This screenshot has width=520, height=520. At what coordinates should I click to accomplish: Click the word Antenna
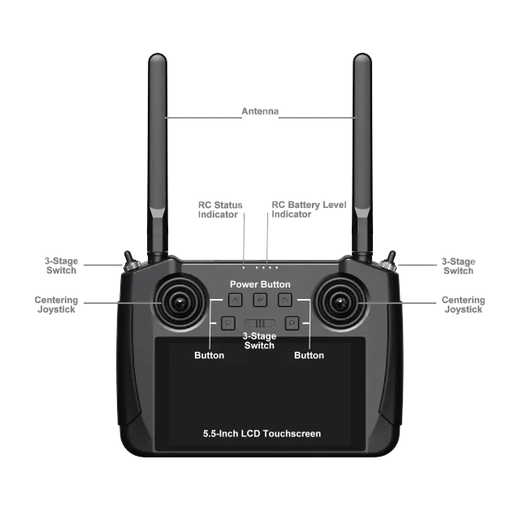[260, 111]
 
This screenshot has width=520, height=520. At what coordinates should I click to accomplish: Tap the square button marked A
[236, 300]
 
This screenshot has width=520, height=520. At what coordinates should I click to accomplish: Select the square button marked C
[228, 323]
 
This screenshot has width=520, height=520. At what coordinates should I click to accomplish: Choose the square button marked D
[292, 323]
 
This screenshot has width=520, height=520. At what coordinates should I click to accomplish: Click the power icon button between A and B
[260, 300]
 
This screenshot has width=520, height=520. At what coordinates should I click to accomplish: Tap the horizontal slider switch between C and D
[260, 323]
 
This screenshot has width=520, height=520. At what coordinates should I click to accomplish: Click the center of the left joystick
[180, 302]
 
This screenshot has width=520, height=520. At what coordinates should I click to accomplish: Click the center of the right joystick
[340, 302]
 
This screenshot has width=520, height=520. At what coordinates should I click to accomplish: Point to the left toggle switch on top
[128, 262]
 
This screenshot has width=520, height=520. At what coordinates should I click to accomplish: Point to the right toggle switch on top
[389, 262]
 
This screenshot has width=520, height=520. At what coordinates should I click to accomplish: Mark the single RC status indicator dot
[244, 267]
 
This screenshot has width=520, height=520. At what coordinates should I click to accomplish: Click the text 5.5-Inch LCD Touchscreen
[262, 434]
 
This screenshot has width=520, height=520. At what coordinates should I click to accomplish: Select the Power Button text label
[260, 284]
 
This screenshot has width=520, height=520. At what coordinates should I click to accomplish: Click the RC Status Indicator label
[220, 210]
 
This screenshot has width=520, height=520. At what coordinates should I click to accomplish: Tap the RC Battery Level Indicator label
[309, 210]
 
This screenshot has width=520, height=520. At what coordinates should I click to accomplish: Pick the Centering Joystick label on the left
[56, 305]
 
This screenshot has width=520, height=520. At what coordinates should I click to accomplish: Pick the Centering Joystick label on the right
[463, 305]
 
